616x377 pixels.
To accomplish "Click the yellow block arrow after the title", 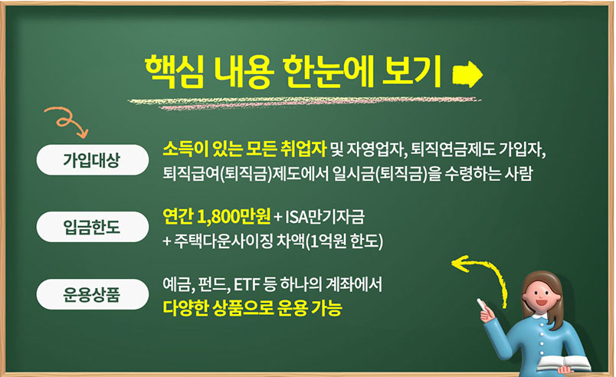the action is tap(467, 74).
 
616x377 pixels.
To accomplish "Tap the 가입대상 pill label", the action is tap(92, 160).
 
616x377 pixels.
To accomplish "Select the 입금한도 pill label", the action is tap(92, 227).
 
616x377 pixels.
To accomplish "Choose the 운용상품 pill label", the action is tap(92, 294).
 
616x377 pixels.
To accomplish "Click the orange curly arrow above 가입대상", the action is tap(67, 120).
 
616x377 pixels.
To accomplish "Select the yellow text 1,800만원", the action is tap(234, 216).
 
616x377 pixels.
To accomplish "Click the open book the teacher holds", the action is tap(563, 364).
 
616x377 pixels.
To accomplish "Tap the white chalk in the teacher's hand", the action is tap(482, 303).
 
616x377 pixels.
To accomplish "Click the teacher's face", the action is tap(540, 295).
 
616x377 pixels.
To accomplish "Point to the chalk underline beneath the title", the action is tap(304, 103).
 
